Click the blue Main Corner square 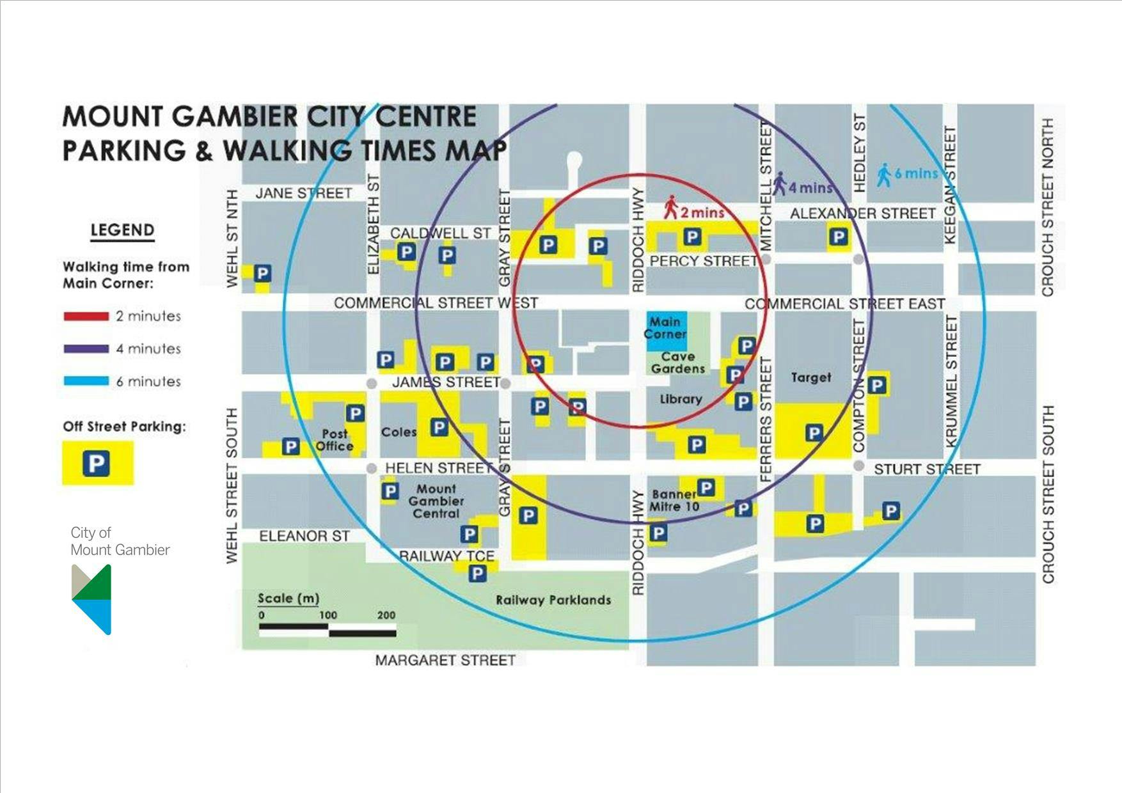click(666, 331)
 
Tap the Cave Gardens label click(678, 363)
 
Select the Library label click(681, 399)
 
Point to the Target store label click(810, 377)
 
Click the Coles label click(399, 432)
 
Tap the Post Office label click(335, 440)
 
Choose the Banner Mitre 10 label click(675, 500)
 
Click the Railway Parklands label click(553, 600)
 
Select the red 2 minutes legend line click(86, 316)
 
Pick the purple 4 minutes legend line click(86, 349)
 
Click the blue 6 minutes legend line click(86, 381)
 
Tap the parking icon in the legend click(97, 463)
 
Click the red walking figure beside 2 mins click(670, 207)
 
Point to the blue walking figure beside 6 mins click(883, 175)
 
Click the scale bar click(327, 631)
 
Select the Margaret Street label click(445, 660)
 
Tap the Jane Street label click(304, 193)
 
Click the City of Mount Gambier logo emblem click(92, 599)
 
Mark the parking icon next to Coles click(439, 427)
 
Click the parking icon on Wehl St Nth click(262, 274)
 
